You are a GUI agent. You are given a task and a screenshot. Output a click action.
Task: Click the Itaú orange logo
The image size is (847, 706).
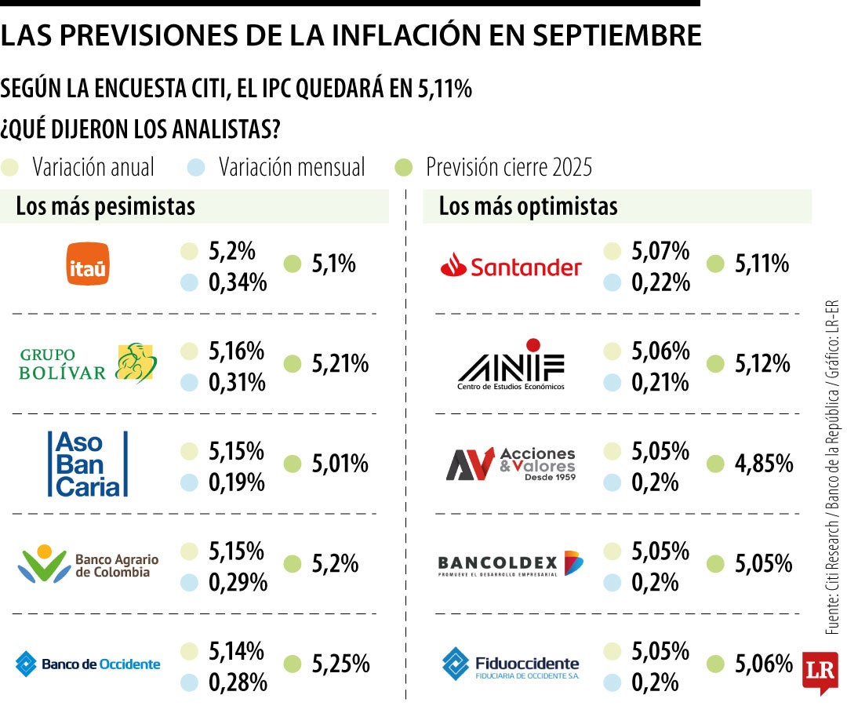[x=88, y=264]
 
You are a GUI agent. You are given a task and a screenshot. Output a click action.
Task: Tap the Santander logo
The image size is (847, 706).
[x=511, y=267]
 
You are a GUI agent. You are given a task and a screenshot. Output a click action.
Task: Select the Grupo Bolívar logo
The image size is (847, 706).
[x=88, y=363]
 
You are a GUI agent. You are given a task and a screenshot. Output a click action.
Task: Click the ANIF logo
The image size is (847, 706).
[x=511, y=365]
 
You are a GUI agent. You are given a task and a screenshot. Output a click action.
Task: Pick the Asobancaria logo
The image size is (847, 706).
[x=87, y=464]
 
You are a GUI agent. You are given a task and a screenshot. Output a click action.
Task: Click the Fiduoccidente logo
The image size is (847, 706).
[x=511, y=664]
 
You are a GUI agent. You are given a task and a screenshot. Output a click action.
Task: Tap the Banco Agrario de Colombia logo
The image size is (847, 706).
[x=88, y=564]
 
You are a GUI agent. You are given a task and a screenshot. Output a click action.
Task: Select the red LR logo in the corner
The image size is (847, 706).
[x=820, y=671]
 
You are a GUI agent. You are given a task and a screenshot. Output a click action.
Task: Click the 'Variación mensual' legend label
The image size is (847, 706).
[x=292, y=167]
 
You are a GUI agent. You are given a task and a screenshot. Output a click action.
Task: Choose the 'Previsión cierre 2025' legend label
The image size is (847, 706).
[x=509, y=167]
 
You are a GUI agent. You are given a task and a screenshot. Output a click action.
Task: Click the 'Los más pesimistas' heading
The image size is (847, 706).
[x=105, y=206]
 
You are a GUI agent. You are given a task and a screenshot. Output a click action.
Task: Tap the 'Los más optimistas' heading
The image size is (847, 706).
[x=528, y=206]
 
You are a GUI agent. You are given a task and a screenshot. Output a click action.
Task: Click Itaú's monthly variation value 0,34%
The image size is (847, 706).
[x=237, y=282]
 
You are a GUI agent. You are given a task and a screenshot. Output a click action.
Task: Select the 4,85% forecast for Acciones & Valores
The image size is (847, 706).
[x=763, y=464]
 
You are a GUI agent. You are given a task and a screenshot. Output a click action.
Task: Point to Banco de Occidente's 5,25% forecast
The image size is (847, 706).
[x=340, y=664]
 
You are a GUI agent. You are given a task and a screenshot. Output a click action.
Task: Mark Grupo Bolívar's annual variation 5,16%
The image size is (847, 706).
[x=236, y=350]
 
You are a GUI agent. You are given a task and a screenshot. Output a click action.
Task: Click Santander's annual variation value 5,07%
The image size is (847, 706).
[x=660, y=251]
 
